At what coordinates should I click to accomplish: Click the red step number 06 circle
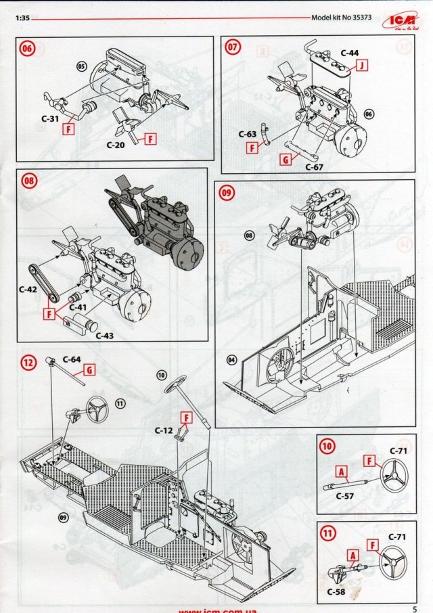27,49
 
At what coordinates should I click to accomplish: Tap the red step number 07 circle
233,48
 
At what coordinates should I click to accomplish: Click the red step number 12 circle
28,363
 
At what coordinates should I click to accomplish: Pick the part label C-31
42,117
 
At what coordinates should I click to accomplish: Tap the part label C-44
349,52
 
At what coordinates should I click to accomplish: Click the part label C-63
248,134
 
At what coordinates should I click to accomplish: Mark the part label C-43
105,336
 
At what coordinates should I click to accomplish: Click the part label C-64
72,359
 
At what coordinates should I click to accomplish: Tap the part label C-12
164,430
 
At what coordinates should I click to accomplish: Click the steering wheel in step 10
393,477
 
